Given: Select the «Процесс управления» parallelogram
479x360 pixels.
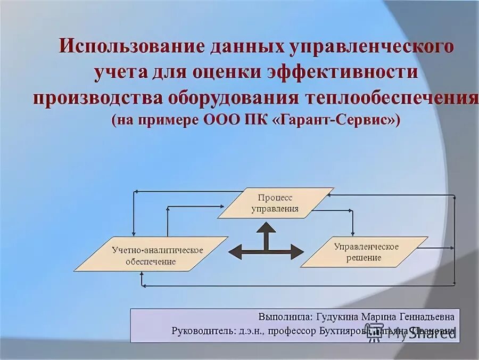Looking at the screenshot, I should point(275,203).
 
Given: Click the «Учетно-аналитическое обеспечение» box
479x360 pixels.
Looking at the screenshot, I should point(151,255).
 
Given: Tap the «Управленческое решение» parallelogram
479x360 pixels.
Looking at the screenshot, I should point(367,252).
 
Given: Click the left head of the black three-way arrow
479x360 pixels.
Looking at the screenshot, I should point(234,251).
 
